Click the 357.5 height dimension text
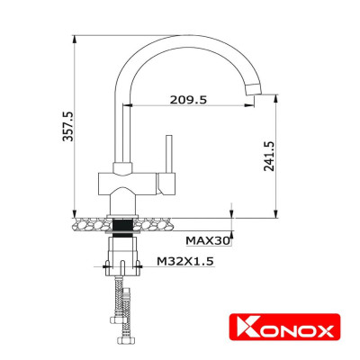coord(62,126)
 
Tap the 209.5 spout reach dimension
coord(188,100)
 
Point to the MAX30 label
coord(208,240)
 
